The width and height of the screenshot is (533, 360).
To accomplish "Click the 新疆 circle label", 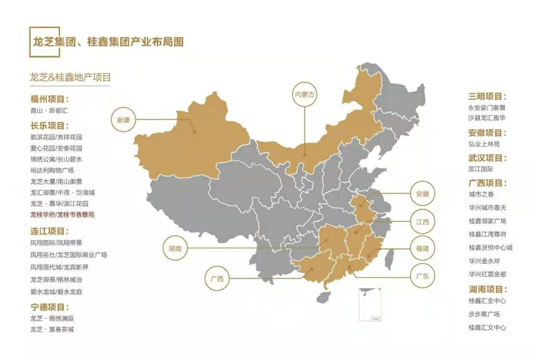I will click(x=123, y=119).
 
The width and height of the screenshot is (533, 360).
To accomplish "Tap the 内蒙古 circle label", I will click(x=304, y=94).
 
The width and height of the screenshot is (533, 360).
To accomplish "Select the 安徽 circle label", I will click(x=423, y=194).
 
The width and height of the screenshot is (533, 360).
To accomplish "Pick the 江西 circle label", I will click(x=423, y=222).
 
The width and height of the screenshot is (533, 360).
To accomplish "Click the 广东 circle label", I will click(x=423, y=276).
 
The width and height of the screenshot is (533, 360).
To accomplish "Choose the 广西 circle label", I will click(x=217, y=279).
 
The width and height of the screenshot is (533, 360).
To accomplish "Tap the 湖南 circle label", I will click(x=175, y=249).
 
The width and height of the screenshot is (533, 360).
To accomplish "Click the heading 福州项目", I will click(x=49, y=99).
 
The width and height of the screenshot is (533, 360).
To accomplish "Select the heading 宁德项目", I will click(x=49, y=307).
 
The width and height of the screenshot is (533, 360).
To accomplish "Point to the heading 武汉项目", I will click(x=487, y=158).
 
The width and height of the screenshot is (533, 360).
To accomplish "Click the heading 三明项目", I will click(x=487, y=97).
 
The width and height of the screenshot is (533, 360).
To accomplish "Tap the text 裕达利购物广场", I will click(x=52, y=170).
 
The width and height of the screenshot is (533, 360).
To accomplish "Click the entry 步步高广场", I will click(x=484, y=314).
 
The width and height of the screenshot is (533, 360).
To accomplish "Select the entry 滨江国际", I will click(x=481, y=169).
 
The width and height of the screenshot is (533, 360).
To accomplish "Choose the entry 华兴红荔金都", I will click(x=487, y=274).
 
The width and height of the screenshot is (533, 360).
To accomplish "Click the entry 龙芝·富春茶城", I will click(x=52, y=329).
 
